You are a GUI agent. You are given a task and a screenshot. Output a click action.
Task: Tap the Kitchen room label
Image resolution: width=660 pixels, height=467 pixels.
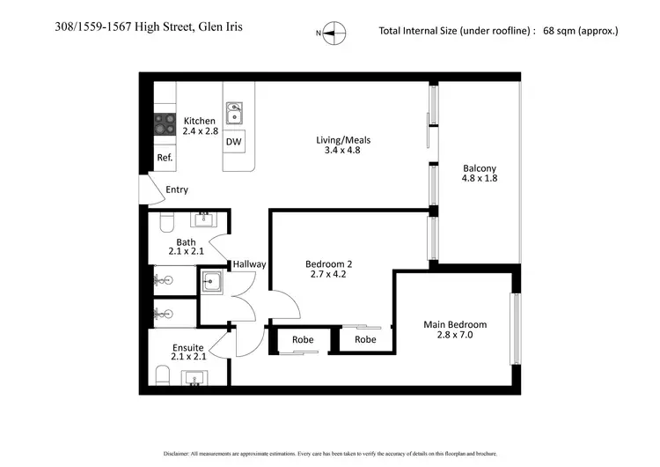[199, 121]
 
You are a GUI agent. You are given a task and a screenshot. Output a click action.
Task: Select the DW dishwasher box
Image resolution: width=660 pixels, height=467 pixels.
[233, 141]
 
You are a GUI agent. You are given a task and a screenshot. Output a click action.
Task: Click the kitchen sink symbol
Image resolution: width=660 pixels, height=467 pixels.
[234, 113]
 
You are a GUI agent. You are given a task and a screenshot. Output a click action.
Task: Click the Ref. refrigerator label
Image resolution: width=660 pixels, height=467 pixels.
[165, 158]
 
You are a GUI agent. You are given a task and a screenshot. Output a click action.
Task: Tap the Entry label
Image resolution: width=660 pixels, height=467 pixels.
[176, 189]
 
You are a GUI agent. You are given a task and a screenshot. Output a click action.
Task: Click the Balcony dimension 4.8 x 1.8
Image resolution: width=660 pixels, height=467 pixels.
[480, 178]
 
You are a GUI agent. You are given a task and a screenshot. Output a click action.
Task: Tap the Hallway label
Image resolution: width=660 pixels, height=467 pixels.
[249, 264]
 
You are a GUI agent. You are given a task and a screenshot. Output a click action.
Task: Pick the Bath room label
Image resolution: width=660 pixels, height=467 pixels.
[186, 242]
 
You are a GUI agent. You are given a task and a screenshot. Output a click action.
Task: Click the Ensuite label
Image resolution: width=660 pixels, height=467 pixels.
[188, 347]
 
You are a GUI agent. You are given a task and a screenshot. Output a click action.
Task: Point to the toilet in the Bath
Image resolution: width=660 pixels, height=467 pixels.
[165, 223]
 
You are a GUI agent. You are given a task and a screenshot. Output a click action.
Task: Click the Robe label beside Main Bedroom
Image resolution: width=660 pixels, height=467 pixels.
[365, 339]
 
